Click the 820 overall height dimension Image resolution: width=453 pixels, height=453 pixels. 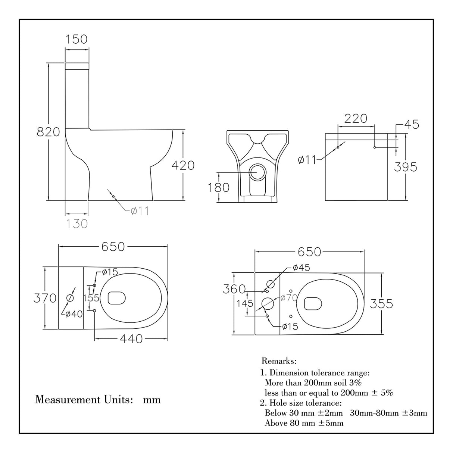tap(49, 132)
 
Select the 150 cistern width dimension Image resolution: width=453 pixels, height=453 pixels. tap(76, 39)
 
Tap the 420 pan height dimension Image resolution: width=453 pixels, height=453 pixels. tap(183, 165)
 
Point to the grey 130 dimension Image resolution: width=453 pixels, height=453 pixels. tap(77, 224)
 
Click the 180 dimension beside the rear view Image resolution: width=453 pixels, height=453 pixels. tap(219, 187)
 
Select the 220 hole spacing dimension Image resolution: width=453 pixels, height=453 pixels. tap(356, 119)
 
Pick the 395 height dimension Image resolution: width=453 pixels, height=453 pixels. tap(406, 167)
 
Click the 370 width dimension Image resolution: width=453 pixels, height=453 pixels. tap(45, 298)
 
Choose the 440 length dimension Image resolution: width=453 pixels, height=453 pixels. tap(131, 338)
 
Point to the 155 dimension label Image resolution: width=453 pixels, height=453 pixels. tap(91, 298)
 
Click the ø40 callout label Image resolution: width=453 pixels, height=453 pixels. tap(74, 314)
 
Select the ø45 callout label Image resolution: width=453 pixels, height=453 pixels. tap(301, 268)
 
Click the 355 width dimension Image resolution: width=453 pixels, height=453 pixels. tap(381, 304)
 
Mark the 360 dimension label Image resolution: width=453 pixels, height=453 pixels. tap(234, 289)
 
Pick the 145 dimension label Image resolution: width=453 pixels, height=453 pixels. tap(245, 303)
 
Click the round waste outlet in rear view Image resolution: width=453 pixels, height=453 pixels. tap(257, 172)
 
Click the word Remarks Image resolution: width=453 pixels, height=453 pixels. tap(279, 361)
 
